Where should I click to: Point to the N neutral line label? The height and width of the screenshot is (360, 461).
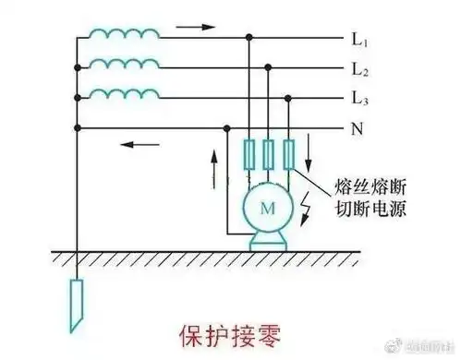(358, 128)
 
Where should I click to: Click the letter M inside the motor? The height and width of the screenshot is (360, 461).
(267, 210)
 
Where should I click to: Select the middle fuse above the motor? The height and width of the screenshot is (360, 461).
(269, 154)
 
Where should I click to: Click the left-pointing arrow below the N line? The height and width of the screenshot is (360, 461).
(140, 144)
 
